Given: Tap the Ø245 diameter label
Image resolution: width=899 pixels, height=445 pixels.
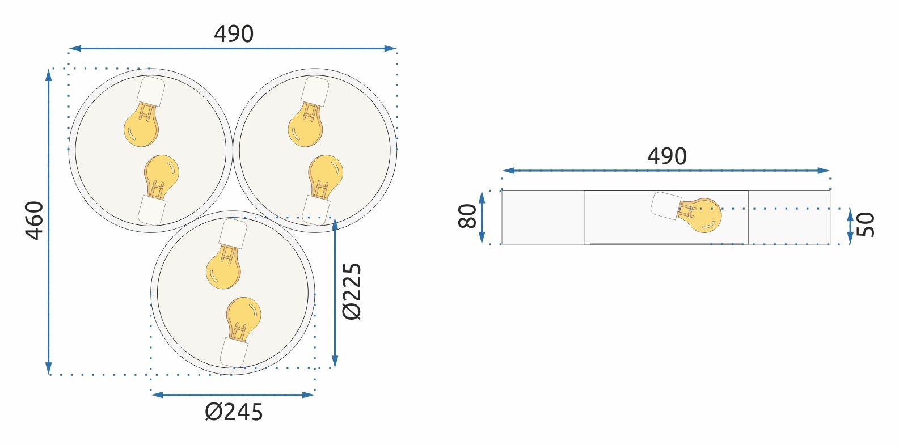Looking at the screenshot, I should pyautogui.click(x=234, y=412).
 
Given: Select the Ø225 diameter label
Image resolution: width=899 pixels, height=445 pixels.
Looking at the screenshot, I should pyautogui.click(x=352, y=291).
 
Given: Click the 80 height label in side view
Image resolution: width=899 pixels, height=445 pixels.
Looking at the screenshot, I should pyautogui.click(x=468, y=217).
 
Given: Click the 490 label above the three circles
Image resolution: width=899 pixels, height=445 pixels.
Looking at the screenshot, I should pyautogui.click(x=234, y=35).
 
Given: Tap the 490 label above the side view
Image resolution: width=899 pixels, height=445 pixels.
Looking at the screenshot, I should pyautogui.click(x=667, y=156).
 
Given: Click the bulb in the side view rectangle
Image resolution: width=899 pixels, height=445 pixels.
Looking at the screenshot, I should pyautogui.click(x=703, y=215).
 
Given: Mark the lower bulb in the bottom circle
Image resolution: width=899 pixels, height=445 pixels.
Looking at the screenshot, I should pyautogui.click(x=243, y=315).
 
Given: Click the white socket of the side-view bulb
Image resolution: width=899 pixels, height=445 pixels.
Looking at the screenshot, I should pyautogui.click(x=665, y=205).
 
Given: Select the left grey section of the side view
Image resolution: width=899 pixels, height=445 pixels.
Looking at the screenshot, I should pyautogui.click(x=543, y=218).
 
